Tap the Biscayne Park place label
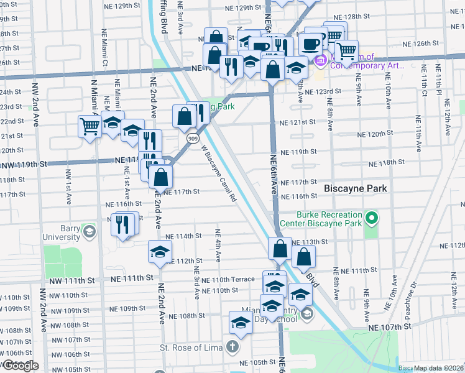point(356,188)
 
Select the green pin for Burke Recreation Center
point(372,218)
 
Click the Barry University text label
point(62,233)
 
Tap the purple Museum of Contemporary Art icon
point(321,61)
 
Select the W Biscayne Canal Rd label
point(218,174)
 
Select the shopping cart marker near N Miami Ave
point(90,127)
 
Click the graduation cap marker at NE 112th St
point(160,252)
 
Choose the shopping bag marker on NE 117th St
point(161,177)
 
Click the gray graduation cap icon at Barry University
point(90,232)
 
